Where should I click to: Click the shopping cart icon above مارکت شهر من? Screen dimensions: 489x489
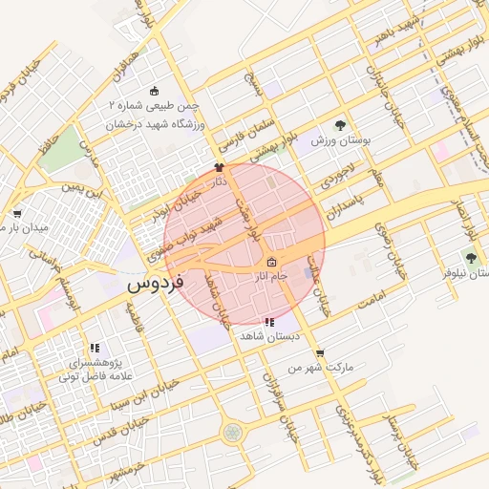point(319,352)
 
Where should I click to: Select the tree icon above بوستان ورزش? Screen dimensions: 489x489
point(341,125)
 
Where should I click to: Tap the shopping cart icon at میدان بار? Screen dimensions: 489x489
point(17,214)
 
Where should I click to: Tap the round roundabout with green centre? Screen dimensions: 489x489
point(232,433)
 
